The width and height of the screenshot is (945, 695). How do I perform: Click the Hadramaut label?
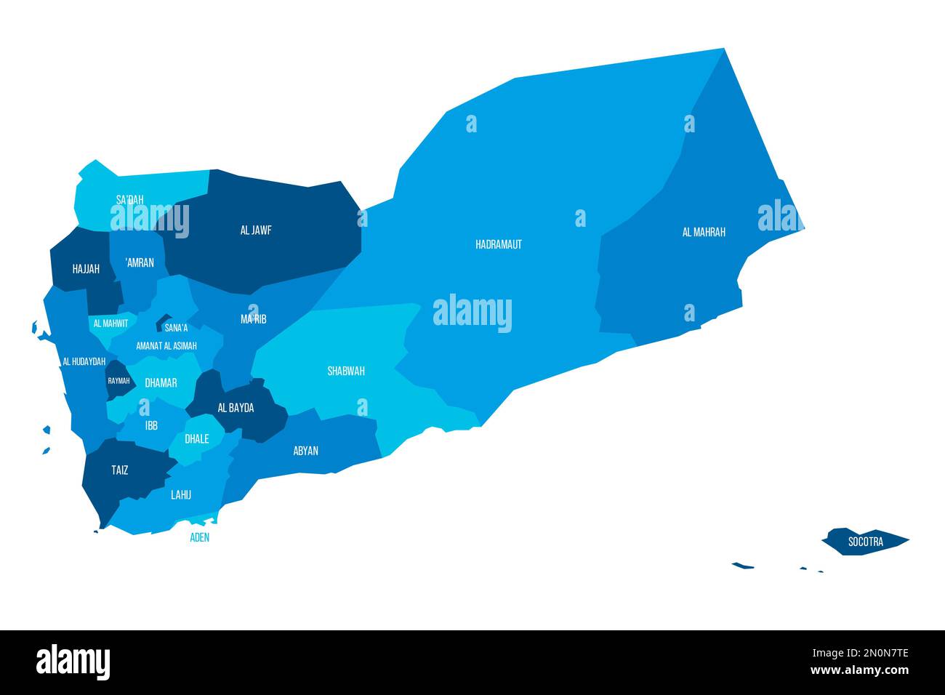(499, 244)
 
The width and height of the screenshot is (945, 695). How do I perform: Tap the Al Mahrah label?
(704, 232)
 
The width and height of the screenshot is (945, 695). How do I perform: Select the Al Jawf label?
(256, 230)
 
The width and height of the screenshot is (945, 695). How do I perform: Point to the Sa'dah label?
(130, 198)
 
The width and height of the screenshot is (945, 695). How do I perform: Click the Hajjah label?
(86, 269)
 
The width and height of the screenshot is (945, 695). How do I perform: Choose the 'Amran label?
(140, 262)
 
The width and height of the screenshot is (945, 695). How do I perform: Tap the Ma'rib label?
(254, 318)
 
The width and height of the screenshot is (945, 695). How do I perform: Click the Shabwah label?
(346, 371)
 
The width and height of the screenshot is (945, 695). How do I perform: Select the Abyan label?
(306, 451)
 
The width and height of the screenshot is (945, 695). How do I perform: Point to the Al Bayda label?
(236, 408)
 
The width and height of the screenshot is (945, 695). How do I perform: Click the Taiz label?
(120, 470)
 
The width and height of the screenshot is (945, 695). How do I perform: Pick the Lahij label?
(181, 495)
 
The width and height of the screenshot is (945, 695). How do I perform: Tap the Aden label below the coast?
(199, 537)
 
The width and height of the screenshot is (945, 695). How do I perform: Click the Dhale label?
(197, 438)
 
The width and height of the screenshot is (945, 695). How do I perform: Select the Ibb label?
(151, 425)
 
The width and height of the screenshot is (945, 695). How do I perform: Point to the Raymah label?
(118, 381)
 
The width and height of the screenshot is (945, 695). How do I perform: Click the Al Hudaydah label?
(84, 361)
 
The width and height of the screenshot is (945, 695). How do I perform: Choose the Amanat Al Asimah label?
(166, 346)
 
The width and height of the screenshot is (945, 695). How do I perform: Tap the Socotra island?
(865, 542)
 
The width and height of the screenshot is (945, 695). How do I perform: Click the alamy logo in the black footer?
(73, 662)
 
